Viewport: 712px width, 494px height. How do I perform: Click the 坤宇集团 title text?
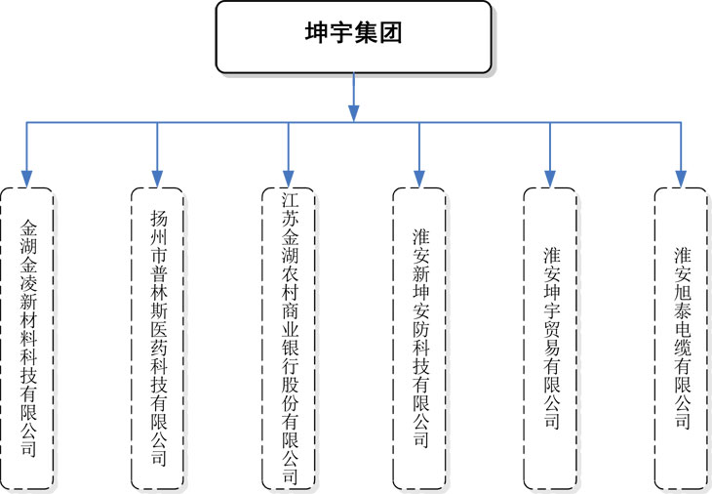pos(353,33)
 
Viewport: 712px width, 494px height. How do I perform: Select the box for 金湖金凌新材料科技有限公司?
pos(27,339)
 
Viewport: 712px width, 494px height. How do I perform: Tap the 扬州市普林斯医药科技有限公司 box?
pos(158,339)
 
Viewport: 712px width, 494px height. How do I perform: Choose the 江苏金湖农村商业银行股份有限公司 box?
pos(289,339)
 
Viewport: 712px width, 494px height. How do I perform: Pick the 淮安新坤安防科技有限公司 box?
pos(419,339)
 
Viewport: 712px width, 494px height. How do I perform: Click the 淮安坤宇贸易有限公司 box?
pos(550,339)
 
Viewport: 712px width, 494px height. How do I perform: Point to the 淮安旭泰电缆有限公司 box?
pos(681,339)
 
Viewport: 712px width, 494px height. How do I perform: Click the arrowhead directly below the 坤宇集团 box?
pos(354,113)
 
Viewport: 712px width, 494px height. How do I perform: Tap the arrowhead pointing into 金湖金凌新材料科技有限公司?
pos(27,179)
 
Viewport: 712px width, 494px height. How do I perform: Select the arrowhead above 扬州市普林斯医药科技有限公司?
pos(158,179)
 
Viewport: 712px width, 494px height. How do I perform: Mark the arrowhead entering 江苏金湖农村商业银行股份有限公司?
pos(289,179)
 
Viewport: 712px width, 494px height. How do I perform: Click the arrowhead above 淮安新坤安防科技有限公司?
pos(419,179)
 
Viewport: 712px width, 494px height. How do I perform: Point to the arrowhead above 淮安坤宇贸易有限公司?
pos(550,179)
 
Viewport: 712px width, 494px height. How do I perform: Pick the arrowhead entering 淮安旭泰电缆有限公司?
pos(681,179)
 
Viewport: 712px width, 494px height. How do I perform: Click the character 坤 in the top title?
pos(316,33)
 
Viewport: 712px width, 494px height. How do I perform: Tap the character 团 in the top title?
pos(390,33)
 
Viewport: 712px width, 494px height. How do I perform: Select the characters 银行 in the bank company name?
pos(290,356)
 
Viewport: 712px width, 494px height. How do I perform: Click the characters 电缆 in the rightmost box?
pos(682,338)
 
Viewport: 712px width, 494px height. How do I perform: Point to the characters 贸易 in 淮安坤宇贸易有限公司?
pos(552,338)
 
